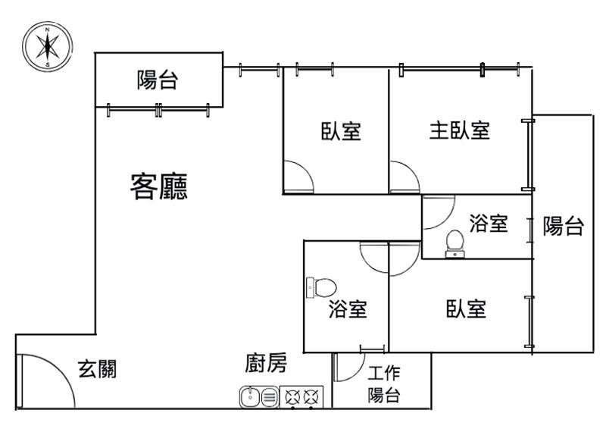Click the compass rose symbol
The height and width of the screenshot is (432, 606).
[x=47, y=46]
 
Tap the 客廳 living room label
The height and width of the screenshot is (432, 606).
[x=159, y=186]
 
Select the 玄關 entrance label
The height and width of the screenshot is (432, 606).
[x=98, y=369]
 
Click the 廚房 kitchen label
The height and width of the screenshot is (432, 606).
[x=266, y=363]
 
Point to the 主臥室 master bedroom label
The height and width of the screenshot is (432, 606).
[x=460, y=130]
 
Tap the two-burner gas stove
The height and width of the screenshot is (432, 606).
[x=301, y=397]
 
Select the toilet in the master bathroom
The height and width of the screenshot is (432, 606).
[x=455, y=244]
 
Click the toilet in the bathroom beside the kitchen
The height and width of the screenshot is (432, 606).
[x=321, y=288]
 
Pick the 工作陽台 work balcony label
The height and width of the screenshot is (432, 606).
[x=384, y=384]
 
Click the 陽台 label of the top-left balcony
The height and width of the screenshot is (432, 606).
[x=158, y=80]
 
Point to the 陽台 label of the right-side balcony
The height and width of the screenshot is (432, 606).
[x=563, y=226]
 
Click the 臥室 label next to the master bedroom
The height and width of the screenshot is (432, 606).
[x=341, y=131]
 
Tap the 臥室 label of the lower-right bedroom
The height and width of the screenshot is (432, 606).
[x=466, y=308]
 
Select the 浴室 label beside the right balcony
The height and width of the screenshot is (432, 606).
[x=489, y=223]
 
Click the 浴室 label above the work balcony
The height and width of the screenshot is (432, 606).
[x=348, y=309]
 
